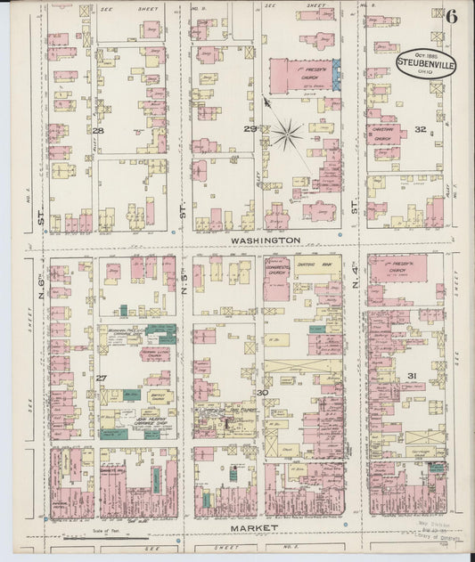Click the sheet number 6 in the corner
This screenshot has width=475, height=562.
click(x=452, y=15)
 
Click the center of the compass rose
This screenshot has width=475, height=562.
click(x=288, y=135)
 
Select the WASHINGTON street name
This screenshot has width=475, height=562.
click(x=265, y=240)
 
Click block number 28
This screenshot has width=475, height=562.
click(x=98, y=131)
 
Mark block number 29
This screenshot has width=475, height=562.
click(x=251, y=130)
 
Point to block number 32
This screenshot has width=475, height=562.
click(x=420, y=130)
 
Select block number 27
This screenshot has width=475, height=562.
click(x=101, y=379)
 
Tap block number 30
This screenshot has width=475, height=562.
click(x=262, y=392)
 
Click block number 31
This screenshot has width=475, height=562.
click(x=412, y=376)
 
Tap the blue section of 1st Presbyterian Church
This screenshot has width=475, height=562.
click(x=336, y=75)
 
